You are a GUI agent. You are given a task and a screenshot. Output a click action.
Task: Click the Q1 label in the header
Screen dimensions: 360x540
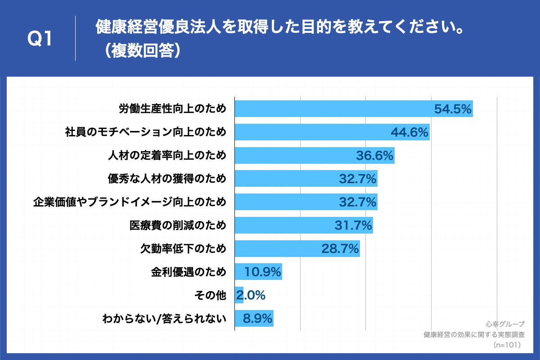(x=40, y=40)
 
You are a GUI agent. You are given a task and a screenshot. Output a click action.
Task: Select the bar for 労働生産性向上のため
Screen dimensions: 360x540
(x=333, y=109)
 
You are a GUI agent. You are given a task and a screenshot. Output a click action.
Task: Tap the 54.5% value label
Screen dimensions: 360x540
(x=453, y=109)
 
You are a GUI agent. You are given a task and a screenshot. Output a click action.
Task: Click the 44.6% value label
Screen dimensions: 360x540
(x=409, y=132)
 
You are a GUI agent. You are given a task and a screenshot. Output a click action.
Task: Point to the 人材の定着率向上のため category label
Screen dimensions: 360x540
(x=167, y=156)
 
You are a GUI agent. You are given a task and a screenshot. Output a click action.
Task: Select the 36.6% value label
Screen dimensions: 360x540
(x=375, y=156)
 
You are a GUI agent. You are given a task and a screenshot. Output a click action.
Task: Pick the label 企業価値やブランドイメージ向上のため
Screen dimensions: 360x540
(x=130, y=202)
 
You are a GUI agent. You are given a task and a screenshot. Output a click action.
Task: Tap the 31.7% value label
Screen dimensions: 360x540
(x=353, y=225)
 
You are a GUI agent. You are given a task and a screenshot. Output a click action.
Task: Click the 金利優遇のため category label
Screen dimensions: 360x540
(x=189, y=272)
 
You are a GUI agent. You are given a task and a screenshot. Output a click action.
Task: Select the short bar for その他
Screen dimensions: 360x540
(x=239, y=295)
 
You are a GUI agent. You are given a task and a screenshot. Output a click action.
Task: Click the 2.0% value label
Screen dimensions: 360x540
(x=251, y=296)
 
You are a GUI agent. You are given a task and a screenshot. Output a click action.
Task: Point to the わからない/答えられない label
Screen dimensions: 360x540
(x=164, y=319)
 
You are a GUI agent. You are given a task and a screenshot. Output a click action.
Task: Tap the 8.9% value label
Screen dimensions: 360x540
(x=258, y=319)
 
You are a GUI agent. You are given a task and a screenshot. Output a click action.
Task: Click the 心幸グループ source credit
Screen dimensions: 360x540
(x=505, y=324)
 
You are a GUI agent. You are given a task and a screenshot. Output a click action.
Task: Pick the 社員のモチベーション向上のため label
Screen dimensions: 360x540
(x=145, y=132)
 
